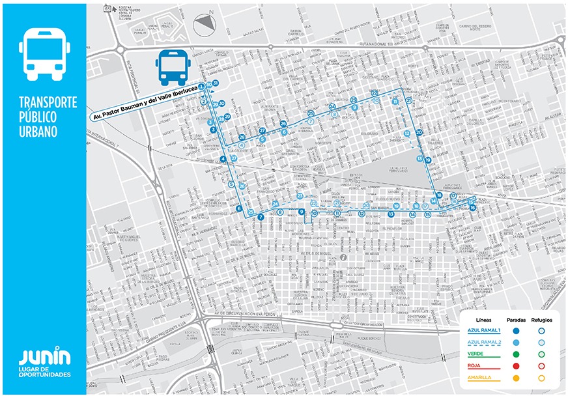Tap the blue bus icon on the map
tap(173, 67)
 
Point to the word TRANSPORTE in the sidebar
tap(48, 103)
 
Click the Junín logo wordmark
tap(44, 357)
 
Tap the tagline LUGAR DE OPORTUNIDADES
tap(44, 373)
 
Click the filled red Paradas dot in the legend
tap(515, 365)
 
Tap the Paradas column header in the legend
tap(515, 320)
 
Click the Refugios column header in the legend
tap(541, 320)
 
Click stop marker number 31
tap(215, 83)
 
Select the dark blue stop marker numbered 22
tap(375, 93)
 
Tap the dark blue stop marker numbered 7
tap(260, 217)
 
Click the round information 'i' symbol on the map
tap(343, 257)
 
